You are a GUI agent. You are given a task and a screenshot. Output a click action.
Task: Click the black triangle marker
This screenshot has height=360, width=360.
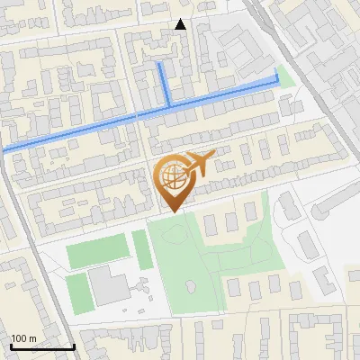(x=181, y=24)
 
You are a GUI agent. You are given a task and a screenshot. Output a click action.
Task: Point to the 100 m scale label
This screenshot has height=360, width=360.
(x=23, y=338)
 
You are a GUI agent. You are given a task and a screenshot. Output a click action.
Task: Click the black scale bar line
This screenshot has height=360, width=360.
(x=41, y=346)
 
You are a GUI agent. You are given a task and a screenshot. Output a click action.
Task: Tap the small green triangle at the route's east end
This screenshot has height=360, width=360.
(x=286, y=77)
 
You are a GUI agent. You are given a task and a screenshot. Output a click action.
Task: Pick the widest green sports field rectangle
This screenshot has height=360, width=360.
(x=97, y=251)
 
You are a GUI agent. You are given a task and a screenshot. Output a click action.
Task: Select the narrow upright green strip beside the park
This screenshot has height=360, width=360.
(x=142, y=249)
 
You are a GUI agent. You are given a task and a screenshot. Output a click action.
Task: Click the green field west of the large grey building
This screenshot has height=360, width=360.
(x=79, y=292)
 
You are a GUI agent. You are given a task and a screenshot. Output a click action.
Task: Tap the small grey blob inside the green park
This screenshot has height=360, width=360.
(x=191, y=285)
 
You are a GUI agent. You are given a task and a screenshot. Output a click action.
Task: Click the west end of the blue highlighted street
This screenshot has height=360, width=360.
(x=4, y=148)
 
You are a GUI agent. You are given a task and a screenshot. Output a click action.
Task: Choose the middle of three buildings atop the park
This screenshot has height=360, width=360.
(x=229, y=219)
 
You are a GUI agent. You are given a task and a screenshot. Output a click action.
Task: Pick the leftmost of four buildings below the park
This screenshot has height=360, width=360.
(x=235, y=289)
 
